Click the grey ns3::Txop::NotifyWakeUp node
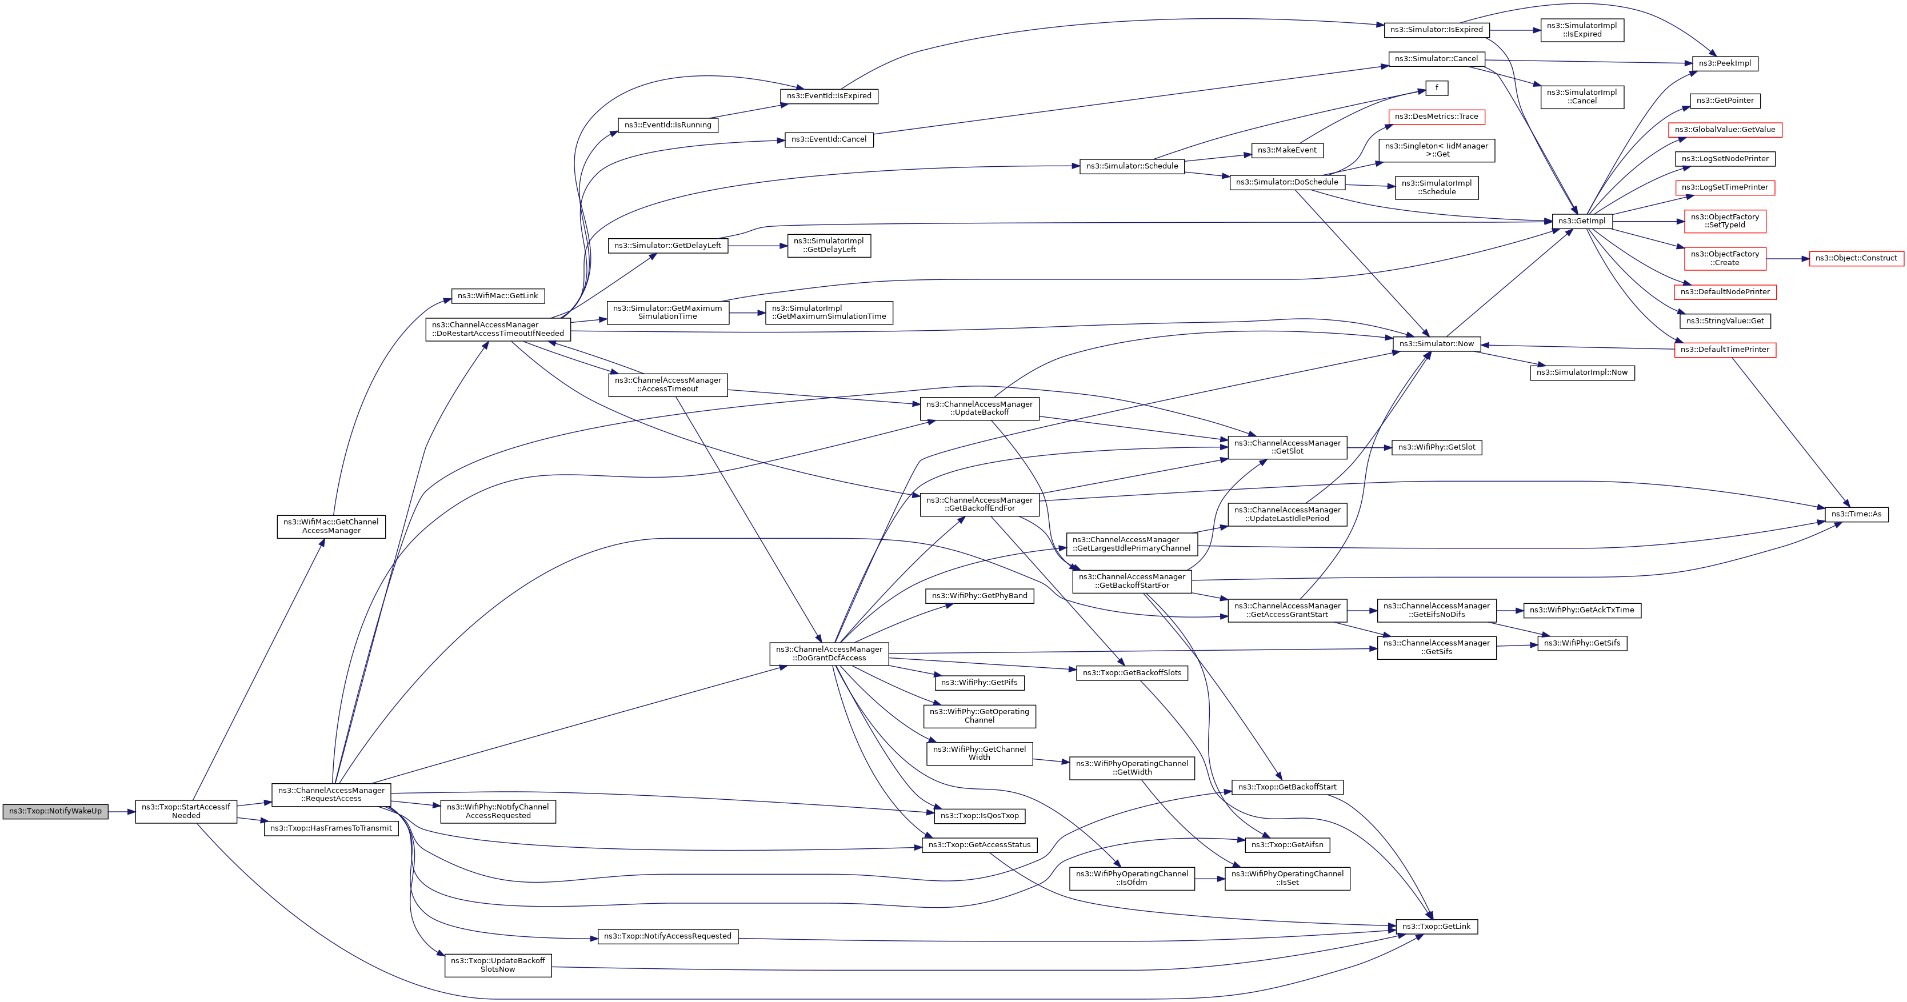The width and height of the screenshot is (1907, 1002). [55, 811]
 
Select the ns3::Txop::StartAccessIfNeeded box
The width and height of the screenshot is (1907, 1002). [186, 811]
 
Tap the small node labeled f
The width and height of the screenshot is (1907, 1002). [1436, 88]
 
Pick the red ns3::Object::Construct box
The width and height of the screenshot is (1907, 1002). [1856, 258]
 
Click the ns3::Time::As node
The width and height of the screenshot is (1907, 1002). [1856, 514]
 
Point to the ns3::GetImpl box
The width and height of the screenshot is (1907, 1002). [1581, 221]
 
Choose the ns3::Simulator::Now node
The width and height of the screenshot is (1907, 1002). [1436, 344]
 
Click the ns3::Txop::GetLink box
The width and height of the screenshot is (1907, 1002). [1436, 927]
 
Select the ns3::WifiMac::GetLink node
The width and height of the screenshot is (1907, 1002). [498, 296]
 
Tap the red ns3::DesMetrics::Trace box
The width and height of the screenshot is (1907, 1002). [1436, 117]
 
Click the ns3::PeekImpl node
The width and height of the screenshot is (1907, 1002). [1724, 63]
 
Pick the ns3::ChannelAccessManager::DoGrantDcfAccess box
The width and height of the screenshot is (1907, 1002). [829, 654]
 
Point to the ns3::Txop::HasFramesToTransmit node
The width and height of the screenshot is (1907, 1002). [331, 828]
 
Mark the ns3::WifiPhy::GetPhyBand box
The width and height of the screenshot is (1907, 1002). [980, 596]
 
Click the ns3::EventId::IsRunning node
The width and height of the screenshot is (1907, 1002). [667, 125]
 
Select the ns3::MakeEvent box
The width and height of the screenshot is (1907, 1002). [1286, 150]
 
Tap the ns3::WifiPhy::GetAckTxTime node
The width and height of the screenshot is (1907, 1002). [1581, 611]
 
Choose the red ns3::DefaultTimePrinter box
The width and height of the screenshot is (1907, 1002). [1724, 350]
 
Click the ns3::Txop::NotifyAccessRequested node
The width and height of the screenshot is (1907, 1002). [667, 936]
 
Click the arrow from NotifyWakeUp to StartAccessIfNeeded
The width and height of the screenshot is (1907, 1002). [122, 812]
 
